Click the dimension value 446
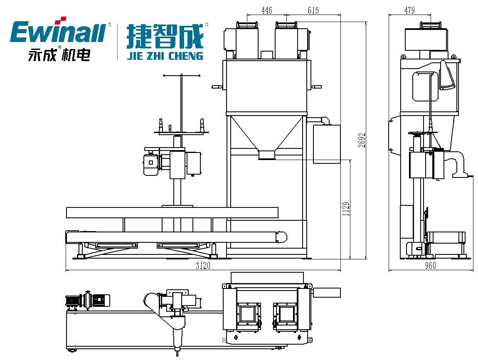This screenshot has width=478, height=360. point(267,11)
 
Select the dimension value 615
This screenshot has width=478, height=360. point(313,11)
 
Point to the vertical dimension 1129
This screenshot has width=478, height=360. point(346,209)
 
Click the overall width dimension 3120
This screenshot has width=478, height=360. point(203,266)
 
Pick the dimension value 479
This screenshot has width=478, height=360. point(409,11)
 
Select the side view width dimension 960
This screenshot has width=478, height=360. point(431,266)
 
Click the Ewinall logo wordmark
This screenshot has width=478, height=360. point(57,33)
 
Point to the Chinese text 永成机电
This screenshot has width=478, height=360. point(59,55)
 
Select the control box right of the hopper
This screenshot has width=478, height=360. point(326,144)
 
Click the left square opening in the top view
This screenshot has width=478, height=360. point(249,313)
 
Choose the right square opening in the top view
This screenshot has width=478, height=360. point(286,313)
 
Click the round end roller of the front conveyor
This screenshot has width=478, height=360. point(282,237)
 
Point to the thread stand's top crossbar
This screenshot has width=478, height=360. point(181,75)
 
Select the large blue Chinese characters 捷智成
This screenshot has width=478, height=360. point(165,37)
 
